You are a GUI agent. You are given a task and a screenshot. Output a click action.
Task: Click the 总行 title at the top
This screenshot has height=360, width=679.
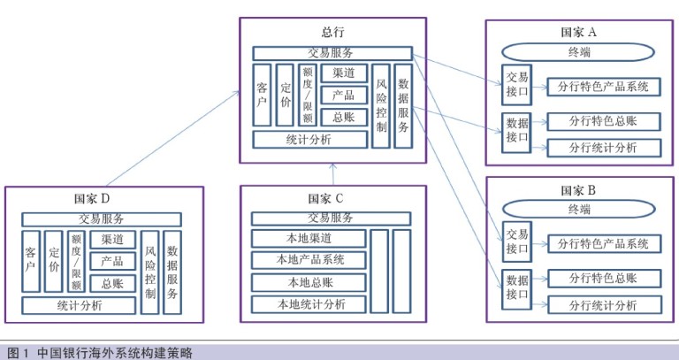point(333,31)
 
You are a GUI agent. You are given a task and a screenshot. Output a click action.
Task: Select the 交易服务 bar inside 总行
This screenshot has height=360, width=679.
point(332,53)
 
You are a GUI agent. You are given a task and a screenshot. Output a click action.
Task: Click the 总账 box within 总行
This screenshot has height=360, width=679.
point(343,117)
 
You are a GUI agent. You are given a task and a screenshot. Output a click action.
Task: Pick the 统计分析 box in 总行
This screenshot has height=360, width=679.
point(309,139)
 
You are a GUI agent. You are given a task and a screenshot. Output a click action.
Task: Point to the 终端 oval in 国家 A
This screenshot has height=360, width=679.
point(579,52)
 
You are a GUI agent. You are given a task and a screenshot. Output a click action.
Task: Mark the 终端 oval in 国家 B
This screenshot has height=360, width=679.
point(579,211)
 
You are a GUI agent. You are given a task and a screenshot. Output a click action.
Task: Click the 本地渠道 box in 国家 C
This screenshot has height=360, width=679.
point(309,238)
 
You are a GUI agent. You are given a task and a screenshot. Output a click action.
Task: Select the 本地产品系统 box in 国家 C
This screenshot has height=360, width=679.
point(309,260)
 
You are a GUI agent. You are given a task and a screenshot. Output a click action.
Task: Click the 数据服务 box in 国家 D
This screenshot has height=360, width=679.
point(172,272)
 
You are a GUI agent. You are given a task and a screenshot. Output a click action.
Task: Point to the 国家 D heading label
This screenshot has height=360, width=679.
point(93,198)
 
